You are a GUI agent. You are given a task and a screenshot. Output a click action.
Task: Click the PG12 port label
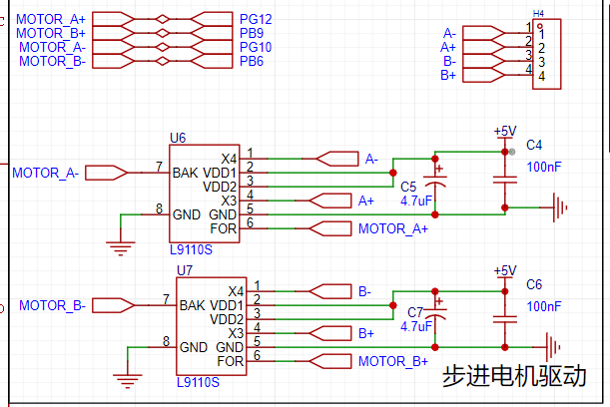256,19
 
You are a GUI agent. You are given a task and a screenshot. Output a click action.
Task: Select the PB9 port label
251,33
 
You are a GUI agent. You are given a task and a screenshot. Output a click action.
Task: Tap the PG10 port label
256,47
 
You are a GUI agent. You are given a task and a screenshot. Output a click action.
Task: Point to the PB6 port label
251,61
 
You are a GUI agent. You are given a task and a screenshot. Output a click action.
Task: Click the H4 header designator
539,14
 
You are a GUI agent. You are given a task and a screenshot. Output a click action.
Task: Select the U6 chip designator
178,137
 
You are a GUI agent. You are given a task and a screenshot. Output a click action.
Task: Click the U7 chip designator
185,270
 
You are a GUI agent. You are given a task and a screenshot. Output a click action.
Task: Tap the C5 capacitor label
407,187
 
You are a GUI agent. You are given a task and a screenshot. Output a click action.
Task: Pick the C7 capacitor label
415,311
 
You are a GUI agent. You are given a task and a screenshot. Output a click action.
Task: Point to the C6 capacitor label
534,284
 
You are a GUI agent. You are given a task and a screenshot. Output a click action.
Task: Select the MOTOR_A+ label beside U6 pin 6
392,228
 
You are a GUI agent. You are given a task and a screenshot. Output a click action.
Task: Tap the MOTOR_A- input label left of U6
45,173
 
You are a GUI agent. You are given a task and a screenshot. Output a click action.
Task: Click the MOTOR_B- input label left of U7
52,304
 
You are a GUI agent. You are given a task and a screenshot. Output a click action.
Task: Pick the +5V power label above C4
505,131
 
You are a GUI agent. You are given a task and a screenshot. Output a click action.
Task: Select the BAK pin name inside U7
194,304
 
